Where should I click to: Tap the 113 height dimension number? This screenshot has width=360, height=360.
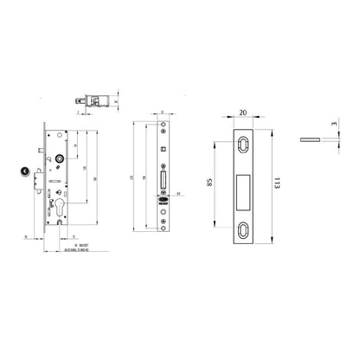(276, 183)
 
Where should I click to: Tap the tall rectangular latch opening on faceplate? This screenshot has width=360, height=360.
(164, 180)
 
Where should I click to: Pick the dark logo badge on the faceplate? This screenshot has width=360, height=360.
(164, 196)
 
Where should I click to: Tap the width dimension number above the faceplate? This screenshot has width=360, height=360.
(164, 112)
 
